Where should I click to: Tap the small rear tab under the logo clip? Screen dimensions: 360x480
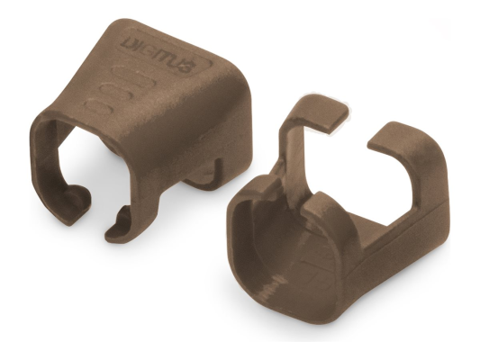pyautogui.click(x=204, y=176)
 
